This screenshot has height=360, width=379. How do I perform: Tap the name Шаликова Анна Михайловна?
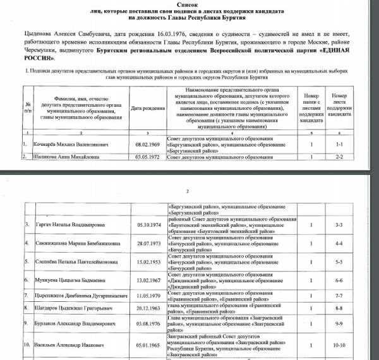[x=56, y=155]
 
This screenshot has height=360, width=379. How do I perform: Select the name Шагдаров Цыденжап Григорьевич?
[x=61, y=308]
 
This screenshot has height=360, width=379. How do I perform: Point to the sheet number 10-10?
[x=355, y=346]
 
